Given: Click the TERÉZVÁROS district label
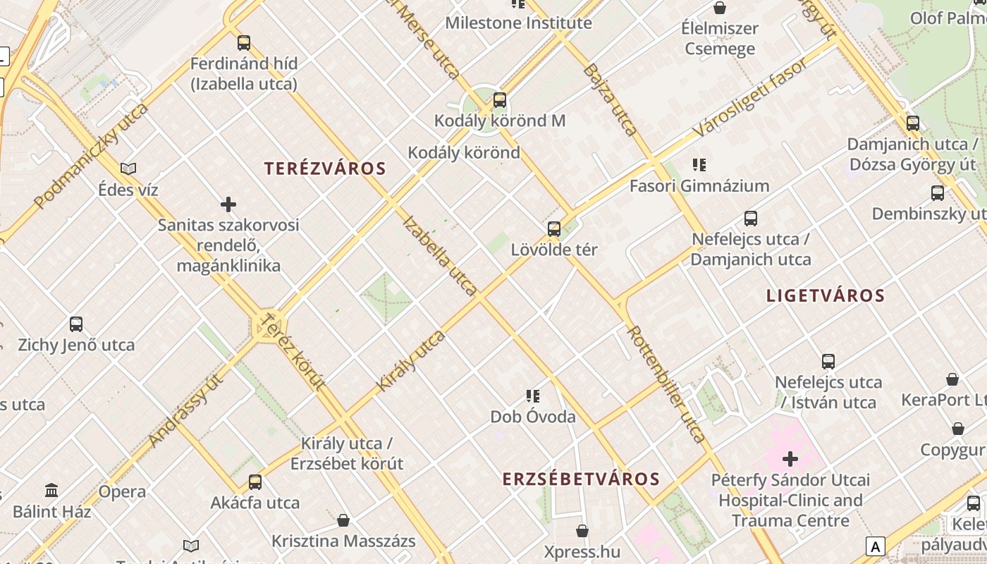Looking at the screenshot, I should pyautogui.click(x=325, y=168).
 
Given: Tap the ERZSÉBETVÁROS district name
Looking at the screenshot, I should pyautogui.click(x=581, y=479).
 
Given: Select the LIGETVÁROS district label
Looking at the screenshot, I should pyautogui.click(x=825, y=295).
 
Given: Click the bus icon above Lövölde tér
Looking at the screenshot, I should pyautogui.click(x=554, y=228).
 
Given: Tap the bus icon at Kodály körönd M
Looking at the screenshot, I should pyautogui.click(x=500, y=100).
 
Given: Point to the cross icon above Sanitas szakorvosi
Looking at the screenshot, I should pyautogui.click(x=228, y=204).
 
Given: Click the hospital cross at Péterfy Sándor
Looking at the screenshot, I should pyautogui.click(x=790, y=459).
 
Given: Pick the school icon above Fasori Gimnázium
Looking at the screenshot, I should pyautogui.click(x=699, y=165).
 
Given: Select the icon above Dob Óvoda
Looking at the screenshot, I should pyautogui.click(x=533, y=396).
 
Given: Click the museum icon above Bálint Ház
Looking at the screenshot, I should pyautogui.click(x=51, y=490).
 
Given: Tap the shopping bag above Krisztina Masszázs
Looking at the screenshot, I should pyautogui.click(x=343, y=520).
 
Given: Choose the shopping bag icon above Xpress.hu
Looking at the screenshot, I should pyautogui.click(x=582, y=530).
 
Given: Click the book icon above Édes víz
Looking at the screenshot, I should pyautogui.click(x=128, y=168).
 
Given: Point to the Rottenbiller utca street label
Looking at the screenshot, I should pyautogui.click(x=666, y=384).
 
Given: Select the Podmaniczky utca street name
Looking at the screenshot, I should pyautogui.click(x=92, y=156).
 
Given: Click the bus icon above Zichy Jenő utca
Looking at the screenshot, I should pyautogui.click(x=76, y=324).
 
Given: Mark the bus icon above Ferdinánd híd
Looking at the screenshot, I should pyautogui.click(x=244, y=42).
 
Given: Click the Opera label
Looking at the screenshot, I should pyautogui.click(x=122, y=491).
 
